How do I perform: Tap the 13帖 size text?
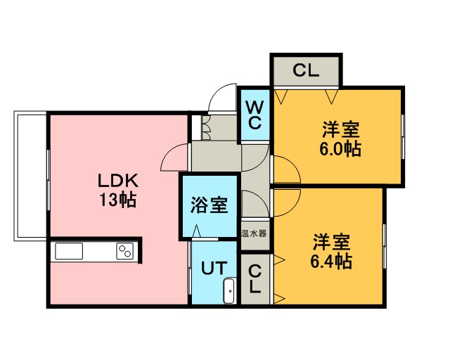[117, 200]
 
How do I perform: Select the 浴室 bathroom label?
[209, 206]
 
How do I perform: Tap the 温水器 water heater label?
[254, 233]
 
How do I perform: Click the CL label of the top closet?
[306, 70]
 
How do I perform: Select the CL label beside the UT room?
[255, 279]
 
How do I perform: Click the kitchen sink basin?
[69, 252]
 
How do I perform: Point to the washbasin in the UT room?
[229, 290]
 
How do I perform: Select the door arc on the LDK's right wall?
[174, 158]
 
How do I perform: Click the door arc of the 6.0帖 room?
[286, 169]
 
